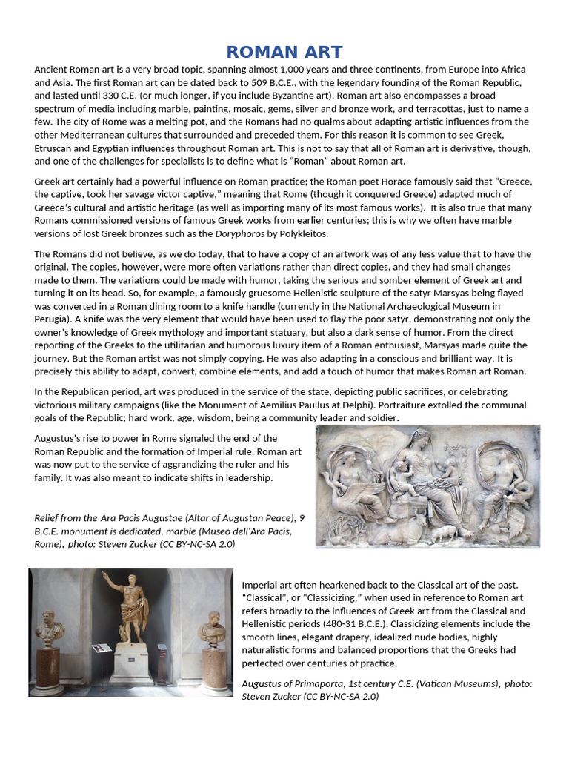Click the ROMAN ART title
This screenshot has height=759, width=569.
tap(284, 52)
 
